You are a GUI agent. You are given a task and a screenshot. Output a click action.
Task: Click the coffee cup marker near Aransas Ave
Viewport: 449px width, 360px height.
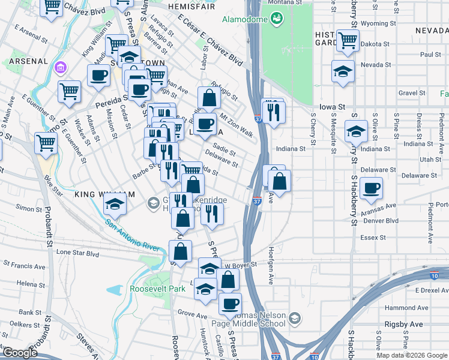click(372, 188)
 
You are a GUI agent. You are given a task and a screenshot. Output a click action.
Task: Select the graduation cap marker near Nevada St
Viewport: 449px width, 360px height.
click(343, 71)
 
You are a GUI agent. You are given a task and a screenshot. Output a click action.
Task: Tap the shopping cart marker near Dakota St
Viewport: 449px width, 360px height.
click(348, 40)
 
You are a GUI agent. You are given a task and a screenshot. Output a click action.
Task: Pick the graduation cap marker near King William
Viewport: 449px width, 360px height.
click(115, 205)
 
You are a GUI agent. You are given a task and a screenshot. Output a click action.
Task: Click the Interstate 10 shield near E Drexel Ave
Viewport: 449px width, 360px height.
click(434, 275)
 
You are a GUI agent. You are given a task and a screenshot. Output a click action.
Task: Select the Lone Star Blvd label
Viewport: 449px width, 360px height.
click(77, 254)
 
